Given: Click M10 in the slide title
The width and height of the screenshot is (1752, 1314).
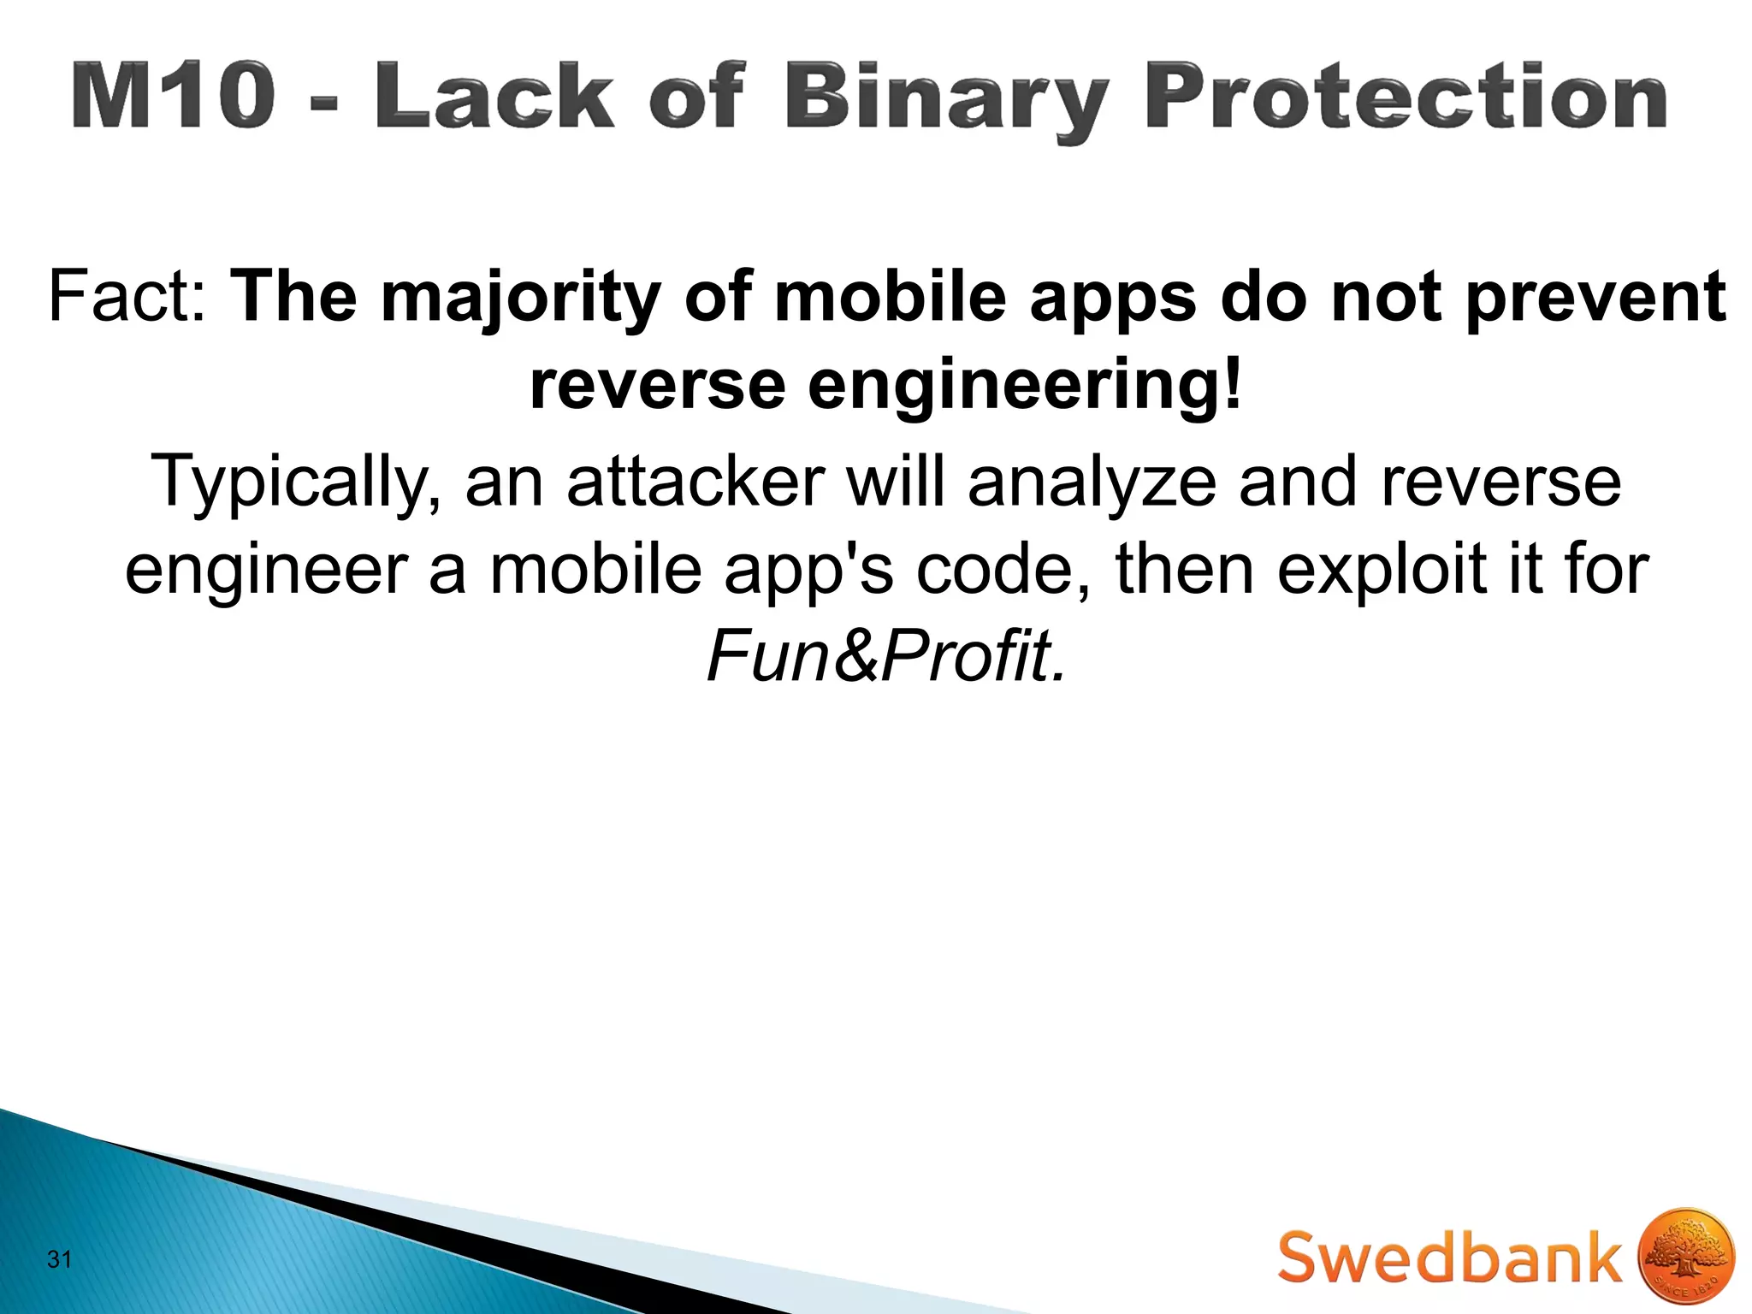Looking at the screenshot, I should [x=175, y=96].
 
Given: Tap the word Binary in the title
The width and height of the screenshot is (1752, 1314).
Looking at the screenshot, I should [x=946, y=99].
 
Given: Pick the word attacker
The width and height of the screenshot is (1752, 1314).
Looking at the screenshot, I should [x=696, y=482].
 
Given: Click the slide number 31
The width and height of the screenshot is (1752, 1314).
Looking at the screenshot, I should [x=60, y=1259].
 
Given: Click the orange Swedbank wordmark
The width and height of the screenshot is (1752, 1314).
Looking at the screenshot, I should [x=1449, y=1258].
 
